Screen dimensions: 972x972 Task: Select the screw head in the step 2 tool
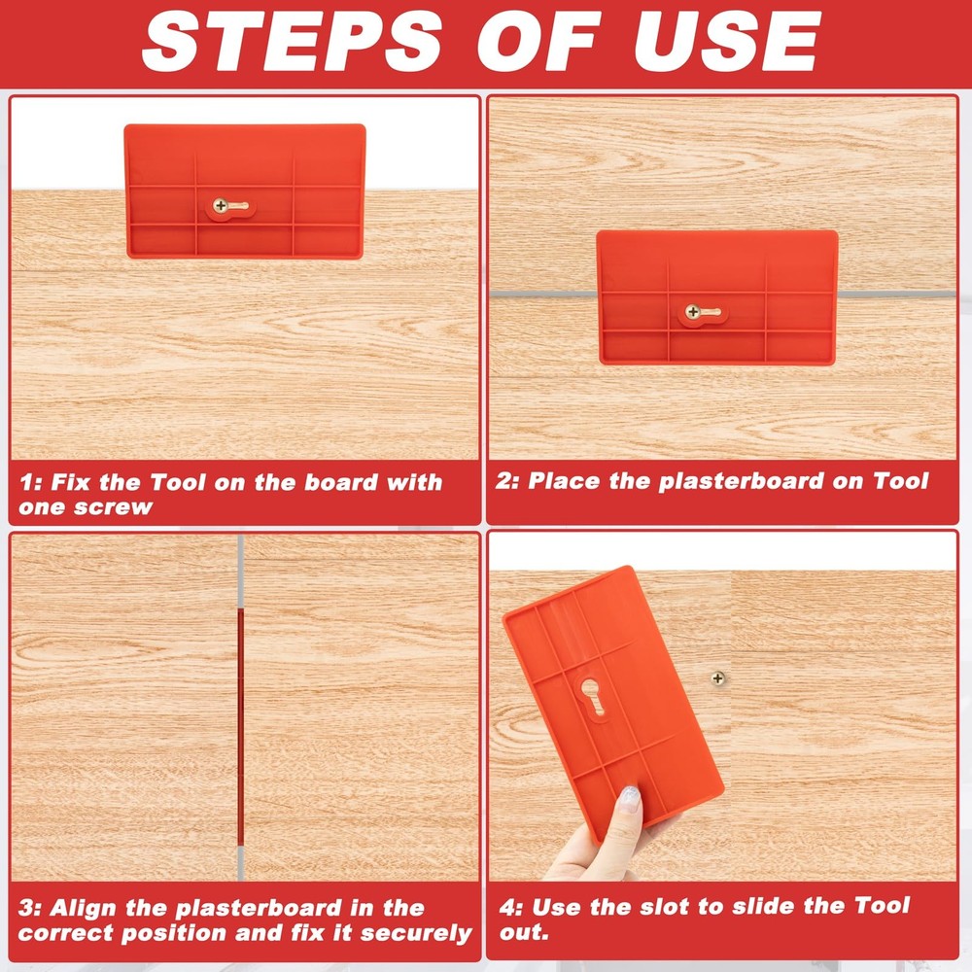tap(692, 312)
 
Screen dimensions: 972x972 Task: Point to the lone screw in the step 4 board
tap(718, 677)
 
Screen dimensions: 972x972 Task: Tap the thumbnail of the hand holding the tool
tap(630, 799)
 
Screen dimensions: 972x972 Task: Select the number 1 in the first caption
tap(26, 483)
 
